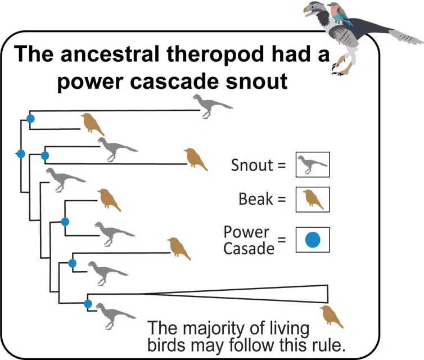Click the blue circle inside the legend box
click(312, 240)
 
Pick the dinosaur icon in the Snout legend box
click(312, 164)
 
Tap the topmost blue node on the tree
click(31, 119)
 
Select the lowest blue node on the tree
click(88, 304)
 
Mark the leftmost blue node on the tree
click(21, 154)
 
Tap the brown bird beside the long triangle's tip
click(331, 317)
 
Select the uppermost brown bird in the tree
click(92, 123)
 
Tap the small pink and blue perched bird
click(341, 13)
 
